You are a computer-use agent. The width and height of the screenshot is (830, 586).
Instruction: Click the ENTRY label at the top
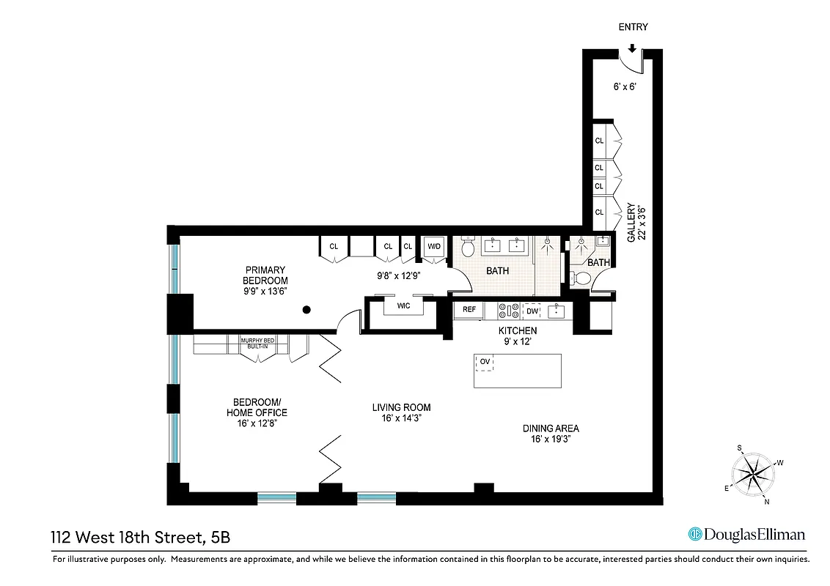coord(633,27)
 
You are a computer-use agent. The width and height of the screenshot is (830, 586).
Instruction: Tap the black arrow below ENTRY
coord(632,48)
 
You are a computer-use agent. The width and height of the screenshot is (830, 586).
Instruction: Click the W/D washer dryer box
coord(434,247)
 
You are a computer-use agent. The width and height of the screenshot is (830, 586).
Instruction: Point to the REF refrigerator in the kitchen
coord(469,310)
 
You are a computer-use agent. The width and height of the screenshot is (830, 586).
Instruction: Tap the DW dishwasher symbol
coord(531,311)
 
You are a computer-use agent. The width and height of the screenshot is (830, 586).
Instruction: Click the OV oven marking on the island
coord(485,361)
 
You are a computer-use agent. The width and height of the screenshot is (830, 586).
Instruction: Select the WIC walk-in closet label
coord(403,305)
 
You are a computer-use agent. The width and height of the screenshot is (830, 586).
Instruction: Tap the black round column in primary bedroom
coord(306,310)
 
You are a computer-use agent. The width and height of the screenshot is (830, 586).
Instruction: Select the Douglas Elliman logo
coord(746,534)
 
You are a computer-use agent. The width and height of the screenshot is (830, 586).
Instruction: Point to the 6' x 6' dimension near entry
coord(624,86)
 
